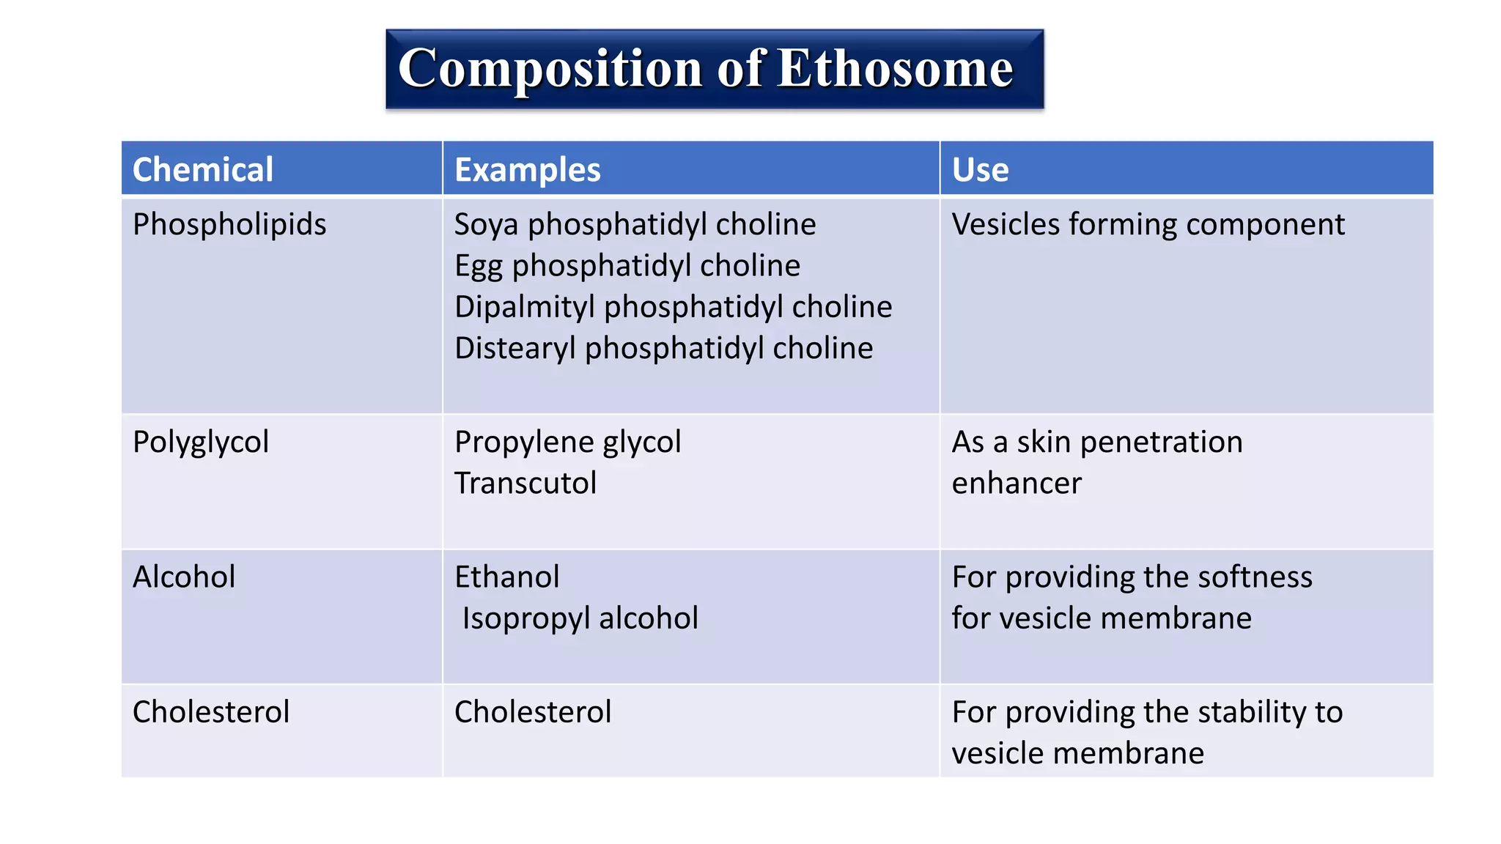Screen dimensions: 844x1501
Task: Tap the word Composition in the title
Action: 550,69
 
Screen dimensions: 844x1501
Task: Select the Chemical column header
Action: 203,170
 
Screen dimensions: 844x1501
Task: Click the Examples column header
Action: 527,170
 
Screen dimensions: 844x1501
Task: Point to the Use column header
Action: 980,170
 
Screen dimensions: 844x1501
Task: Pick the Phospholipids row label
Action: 229,224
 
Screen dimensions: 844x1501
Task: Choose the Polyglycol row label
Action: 201,442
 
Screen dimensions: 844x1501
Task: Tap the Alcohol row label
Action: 184,577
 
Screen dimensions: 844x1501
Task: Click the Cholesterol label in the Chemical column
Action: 211,711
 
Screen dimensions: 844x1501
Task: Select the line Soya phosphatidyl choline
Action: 635,224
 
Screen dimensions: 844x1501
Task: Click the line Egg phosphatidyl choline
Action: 627,265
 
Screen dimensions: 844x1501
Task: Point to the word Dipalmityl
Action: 524,307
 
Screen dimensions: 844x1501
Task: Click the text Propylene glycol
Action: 567,442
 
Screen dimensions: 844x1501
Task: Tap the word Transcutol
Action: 525,483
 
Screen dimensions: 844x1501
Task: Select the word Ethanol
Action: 506,577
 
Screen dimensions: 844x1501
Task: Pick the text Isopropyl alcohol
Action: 580,618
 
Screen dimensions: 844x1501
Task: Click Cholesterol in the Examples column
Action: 533,711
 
